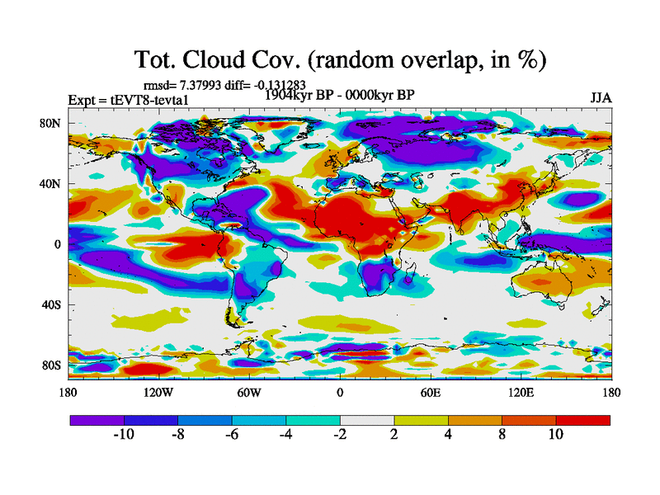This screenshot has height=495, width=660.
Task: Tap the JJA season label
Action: (x=601, y=97)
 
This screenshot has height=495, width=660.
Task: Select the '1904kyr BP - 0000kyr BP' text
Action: (x=339, y=95)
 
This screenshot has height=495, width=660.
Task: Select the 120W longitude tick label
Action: (x=158, y=393)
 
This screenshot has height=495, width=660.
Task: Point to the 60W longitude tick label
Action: (x=249, y=393)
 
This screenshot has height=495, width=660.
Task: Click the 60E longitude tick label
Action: (x=431, y=393)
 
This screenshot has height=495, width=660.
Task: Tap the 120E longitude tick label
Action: (x=521, y=393)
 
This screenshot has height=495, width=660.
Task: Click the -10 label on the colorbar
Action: (x=124, y=435)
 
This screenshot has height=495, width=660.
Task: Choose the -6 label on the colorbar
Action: (x=232, y=435)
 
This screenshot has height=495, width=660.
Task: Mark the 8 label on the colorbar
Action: (x=502, y=435)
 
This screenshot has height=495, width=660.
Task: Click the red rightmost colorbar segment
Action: (x=583, y=420)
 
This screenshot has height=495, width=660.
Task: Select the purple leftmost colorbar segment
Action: (x=97, y=420)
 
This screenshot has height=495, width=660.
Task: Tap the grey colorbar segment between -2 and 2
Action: (x=367, y=420)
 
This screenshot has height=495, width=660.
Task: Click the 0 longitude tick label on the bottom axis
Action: (x=340, y=393)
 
